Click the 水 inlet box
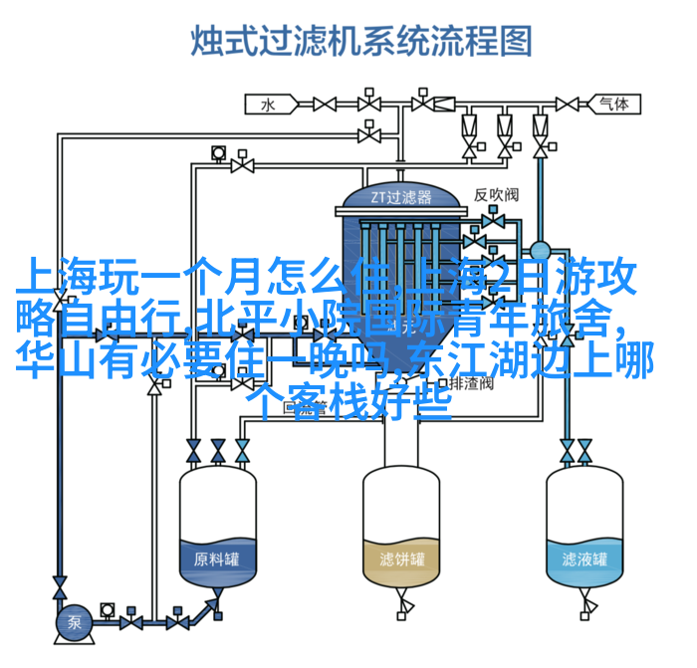click(x=267, y=103)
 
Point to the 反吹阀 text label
click(x=495, y=194)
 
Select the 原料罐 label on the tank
click(x=216, y=558)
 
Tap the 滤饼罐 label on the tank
click(x=401, y=558)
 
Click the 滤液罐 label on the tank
click(x=583, y=558)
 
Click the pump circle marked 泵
click(x=73, y=623)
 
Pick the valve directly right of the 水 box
click(x=325, y=103)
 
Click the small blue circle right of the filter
click(x=540, y=251)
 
